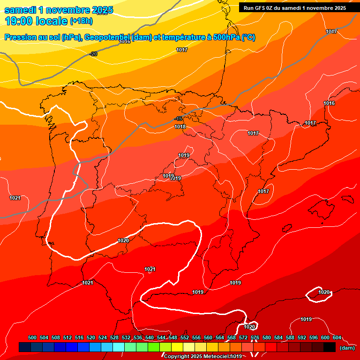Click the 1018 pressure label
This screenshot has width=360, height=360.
(x=180, y=127)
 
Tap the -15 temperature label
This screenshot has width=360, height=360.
(x=178, y=119)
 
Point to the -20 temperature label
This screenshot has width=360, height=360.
(x=94, y=54)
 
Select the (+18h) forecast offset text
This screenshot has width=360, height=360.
(x=81, y=21)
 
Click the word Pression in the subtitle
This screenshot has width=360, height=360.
(x=19, y=37)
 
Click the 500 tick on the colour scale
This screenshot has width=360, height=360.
(x=32, y=337)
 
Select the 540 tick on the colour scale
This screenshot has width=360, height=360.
(x=150, y=337)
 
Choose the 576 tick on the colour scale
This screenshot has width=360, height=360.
(x=255, y=337)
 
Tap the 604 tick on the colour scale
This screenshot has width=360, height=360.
(x=337, y=337)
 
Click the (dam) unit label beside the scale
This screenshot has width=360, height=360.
(x=347, y=347)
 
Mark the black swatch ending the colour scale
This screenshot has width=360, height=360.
(x=330, y=347)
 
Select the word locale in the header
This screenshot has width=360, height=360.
(x=50, y=21)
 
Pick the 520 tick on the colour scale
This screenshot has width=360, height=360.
(x=91, y=337)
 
